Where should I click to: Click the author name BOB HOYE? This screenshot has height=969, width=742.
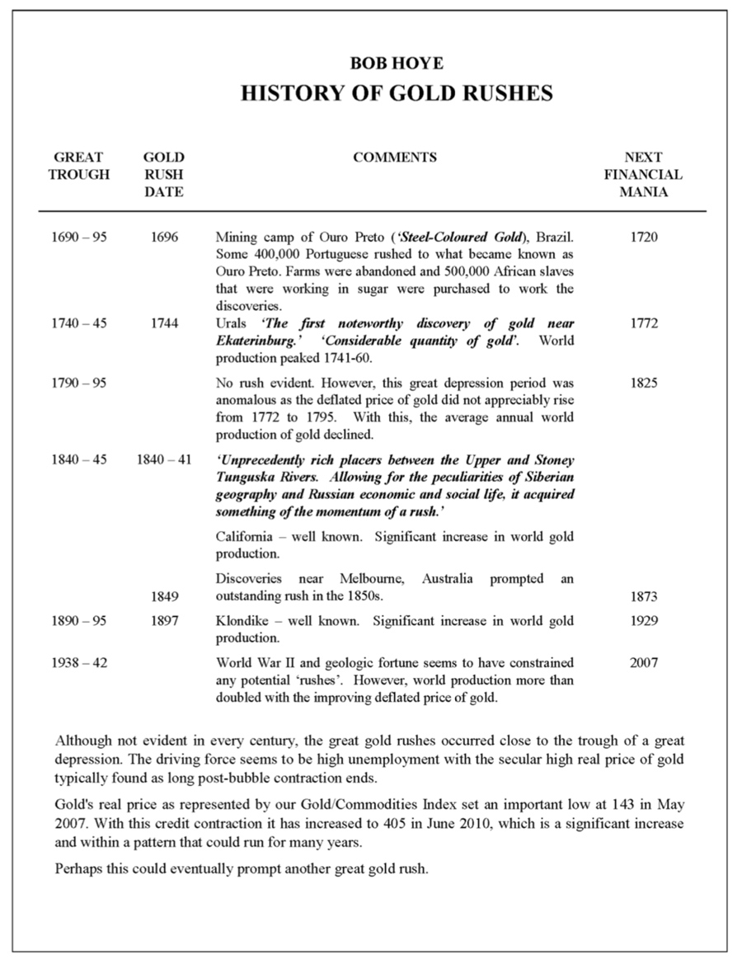click(x=396, y=63)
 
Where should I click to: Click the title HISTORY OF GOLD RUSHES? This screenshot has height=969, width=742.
click(x=396, y=93)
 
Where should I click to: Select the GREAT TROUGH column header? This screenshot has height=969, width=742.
click(x=78, y=166)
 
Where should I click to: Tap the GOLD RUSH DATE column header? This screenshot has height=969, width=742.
click(x=164, y=175)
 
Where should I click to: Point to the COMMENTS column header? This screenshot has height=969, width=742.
click(x=395, y=158)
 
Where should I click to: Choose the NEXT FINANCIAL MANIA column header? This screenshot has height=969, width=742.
click(x=643, y=175)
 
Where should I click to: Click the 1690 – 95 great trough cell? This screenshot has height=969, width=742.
click(x=78, y=238)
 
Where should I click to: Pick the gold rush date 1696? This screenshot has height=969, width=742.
click(x=164, y=238)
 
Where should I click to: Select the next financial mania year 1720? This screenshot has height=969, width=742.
click(x=643, y=238)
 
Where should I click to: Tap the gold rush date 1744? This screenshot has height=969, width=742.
click(x=164, y=323)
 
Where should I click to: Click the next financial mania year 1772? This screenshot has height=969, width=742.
click(x=643, y=323)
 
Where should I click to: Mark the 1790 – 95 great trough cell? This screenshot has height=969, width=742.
click(x=78, y=383)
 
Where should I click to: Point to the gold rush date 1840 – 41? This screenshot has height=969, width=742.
click(x=164, y=459)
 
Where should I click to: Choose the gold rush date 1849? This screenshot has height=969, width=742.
click(x=164, y=595)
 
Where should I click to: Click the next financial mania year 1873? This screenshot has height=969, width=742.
click(x=643, y=595)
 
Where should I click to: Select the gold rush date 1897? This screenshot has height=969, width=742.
click(x=164, y=620)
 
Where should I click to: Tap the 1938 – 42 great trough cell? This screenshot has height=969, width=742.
click(x=78, y=662)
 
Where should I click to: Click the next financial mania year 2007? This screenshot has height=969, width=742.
click(x=643, y=662)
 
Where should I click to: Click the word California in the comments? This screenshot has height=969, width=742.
click(x=246, y=537)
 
